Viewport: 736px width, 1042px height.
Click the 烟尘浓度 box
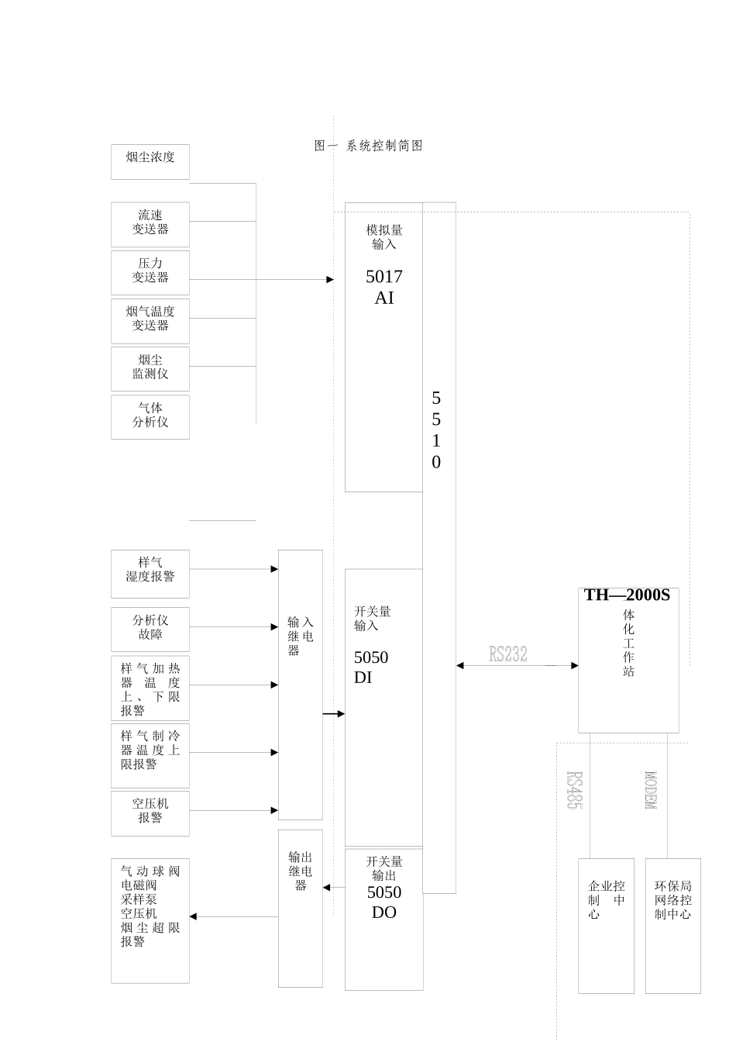150,161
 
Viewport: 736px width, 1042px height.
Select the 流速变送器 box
150,224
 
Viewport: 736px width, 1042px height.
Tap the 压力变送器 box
150,272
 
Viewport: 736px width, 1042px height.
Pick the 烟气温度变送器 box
150,320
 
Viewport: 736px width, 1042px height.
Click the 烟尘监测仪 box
150,368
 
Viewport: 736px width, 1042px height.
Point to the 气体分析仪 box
150,416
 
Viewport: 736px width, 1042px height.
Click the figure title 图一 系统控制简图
369,146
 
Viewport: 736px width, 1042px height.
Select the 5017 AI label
384,287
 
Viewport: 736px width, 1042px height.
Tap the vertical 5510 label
436,430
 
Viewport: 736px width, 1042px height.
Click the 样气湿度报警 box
150,574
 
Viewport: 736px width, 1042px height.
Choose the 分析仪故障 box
150,629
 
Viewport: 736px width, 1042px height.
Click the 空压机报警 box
150,813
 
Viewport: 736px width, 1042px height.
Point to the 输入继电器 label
301,636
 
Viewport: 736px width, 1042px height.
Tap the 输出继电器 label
301,871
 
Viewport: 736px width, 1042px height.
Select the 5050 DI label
371,668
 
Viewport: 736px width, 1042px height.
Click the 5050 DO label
384,902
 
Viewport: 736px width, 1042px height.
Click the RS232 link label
508,654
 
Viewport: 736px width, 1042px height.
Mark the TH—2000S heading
627,595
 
